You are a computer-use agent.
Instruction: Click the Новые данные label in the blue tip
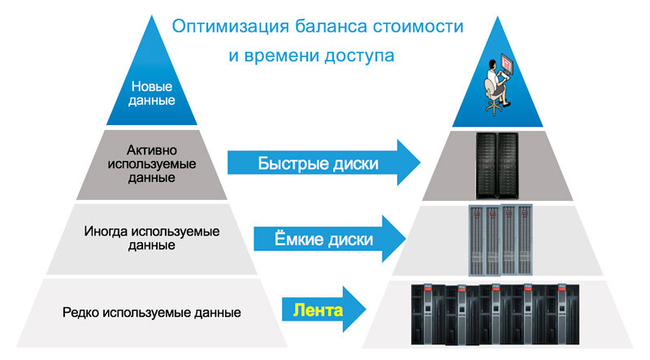[x=152, y=93]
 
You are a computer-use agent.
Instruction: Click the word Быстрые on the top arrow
[x=290, y=163]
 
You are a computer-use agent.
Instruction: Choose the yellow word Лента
[x=312, y=310]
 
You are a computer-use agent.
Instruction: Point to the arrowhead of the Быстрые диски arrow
[x=406, y=163]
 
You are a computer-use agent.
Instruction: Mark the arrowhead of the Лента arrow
[x=355, y=310]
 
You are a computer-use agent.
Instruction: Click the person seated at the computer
[x=495, y=82]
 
